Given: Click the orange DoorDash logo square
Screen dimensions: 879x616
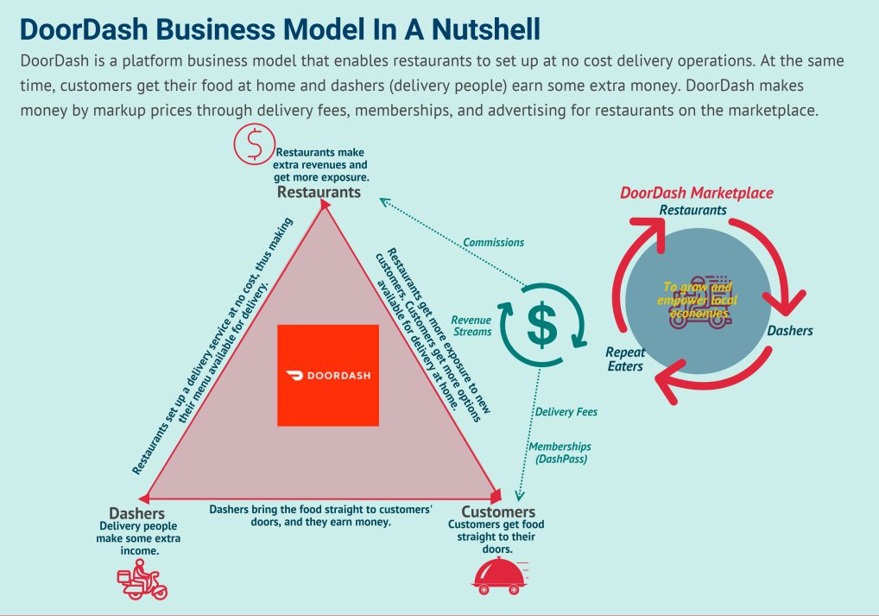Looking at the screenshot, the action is (x=328, y=375).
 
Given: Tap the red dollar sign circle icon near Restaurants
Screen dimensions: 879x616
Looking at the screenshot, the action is (x=255, y=144).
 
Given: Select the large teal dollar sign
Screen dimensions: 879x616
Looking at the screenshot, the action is (x=542, y=325).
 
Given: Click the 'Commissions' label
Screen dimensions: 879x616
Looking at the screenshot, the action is (x=493, y=243).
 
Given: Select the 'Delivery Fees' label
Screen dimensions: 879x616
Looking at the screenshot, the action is (x=566, y=412).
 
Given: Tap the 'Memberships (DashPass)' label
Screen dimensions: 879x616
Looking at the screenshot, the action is (x=560, y=453).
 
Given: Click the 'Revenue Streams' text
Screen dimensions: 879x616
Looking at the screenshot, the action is (x=471, y=326).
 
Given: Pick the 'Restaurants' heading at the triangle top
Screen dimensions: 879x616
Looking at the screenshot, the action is (x=319, y=193).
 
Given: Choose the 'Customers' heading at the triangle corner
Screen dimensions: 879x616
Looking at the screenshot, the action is (x=498, y=512).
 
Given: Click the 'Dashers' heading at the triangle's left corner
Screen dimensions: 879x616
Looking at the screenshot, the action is (x=136, y=513).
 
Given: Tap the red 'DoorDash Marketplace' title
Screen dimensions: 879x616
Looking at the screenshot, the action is (x=697, y=193).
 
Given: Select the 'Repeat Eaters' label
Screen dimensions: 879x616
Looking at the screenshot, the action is (x=625, y=359).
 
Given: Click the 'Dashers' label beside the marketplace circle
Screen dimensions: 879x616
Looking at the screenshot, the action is (x=790, y=330).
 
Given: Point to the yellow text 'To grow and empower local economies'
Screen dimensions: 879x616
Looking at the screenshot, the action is (x=698, y=300).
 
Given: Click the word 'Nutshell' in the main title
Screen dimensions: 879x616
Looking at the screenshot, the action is (x=486, y=29).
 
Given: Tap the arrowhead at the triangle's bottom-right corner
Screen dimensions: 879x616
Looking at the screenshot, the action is (x=496, y=496).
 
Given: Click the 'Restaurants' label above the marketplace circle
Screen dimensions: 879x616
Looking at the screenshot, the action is (x=692, y=211).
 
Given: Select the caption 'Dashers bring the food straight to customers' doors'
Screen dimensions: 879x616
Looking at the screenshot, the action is (x=320, y=516).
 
